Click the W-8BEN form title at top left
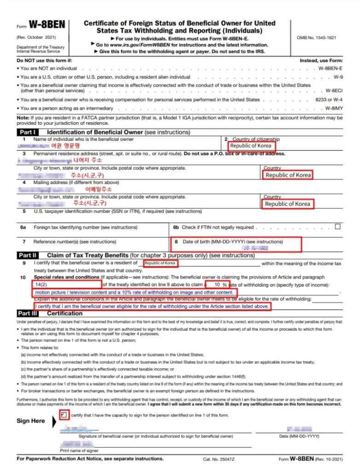(x=46, y=24)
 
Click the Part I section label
(x=29, y=132)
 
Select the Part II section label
(x=28, y=255)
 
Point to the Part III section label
(x=29, y=313)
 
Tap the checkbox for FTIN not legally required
(x=338, y=227)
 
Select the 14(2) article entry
(x=41, y=285)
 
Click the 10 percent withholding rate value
(x=217, y=285)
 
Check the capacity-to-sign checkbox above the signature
(x=64, y=415)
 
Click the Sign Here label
(x=31, y=421)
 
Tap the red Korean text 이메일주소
(x=99, y=189)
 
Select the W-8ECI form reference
(x=334, y=91)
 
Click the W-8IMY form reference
(x=334, y=109)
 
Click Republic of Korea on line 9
(x=160, y=264)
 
